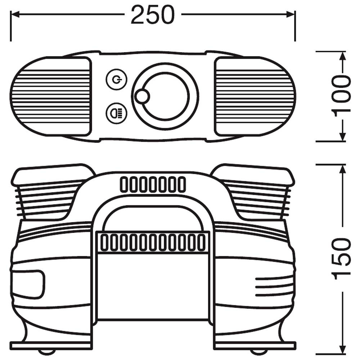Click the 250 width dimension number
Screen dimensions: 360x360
click(153, 15)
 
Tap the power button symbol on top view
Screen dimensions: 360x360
click(117, 80)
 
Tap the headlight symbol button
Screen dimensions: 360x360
click(117, 113)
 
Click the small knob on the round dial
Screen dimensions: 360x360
click(142, 96)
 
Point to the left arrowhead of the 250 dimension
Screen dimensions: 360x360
click(15, 15)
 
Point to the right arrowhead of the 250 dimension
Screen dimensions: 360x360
click(291, 15)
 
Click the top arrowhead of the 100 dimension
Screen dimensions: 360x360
click(342, 56)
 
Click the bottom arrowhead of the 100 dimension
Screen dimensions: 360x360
click(342, 137)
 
